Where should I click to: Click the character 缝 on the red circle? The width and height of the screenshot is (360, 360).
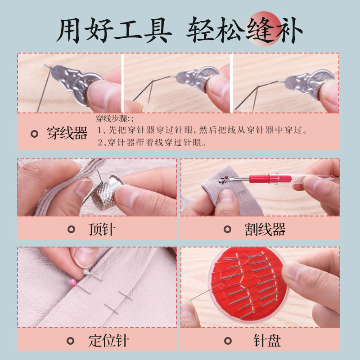[x=261, y=30]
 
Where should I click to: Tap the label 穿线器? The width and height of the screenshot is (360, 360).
[x=67, y=133]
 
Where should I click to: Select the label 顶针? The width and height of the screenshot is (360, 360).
[x=102, y=229]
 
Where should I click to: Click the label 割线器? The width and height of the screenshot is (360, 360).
[x=265, y=229]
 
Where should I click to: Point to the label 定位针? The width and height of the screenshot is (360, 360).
[x=108, y=341]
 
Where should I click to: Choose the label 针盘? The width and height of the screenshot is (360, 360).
[x=267, y=341]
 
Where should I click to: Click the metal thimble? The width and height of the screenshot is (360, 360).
[x=106, y=193]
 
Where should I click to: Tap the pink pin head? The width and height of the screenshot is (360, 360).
[x=73, y=282]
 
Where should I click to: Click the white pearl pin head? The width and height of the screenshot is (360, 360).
[x=85, y=272]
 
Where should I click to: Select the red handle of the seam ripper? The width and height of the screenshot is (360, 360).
[x=270, y=179]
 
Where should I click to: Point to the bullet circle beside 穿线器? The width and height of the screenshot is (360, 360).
[x=34, y=134]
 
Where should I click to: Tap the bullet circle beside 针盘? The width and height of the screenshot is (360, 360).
[x=228, y=341]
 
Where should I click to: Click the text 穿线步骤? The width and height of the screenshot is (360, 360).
[x=111, y=119]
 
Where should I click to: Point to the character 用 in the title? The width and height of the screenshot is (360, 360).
[x=68, y=30]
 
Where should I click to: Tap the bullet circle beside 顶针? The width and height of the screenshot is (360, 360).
[x=71, y=229]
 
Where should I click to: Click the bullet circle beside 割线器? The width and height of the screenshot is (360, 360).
[x=227, y=229]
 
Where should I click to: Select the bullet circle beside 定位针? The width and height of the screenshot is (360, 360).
[x=70, y=341]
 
